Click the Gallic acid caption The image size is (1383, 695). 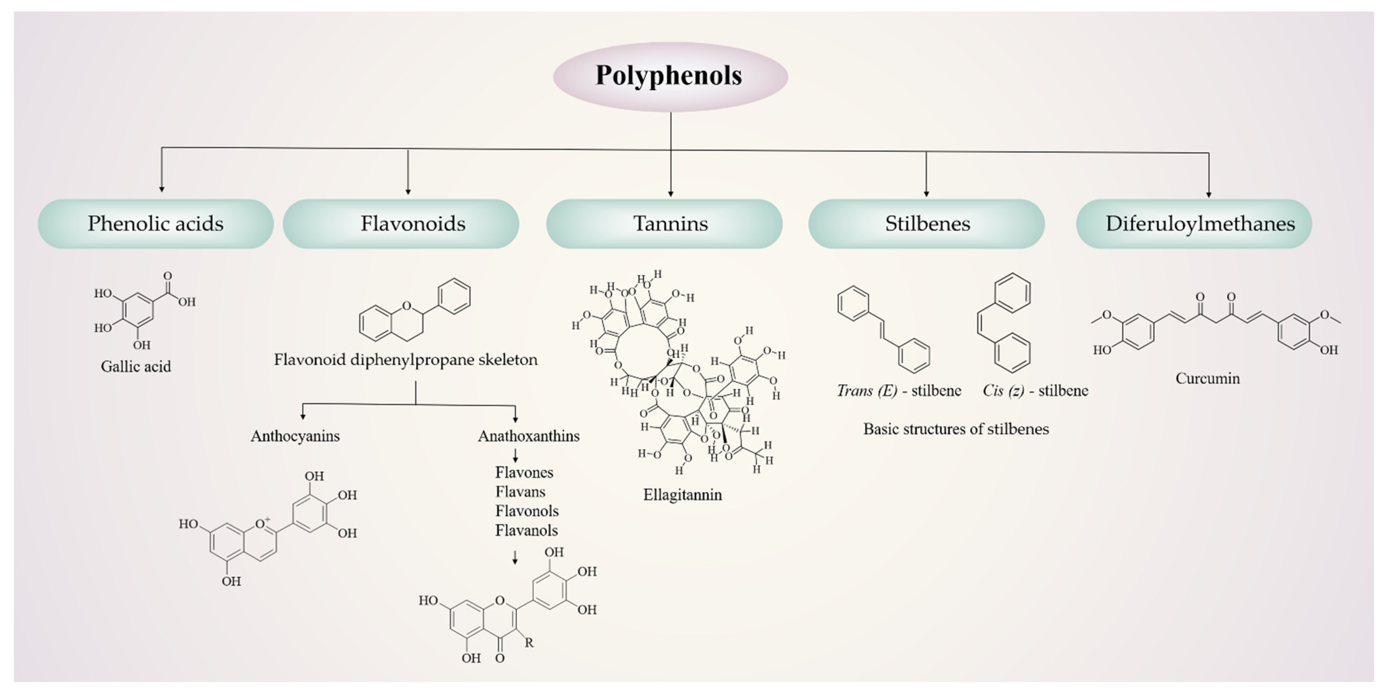point(136,367)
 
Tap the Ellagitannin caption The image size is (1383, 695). point(682,494)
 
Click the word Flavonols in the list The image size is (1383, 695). point(526,511)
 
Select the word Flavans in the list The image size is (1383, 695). point(520,492)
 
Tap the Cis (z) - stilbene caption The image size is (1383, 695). point(1035,391)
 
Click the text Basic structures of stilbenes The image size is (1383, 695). point(956,429)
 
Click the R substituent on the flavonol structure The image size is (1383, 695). point(529,643)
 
